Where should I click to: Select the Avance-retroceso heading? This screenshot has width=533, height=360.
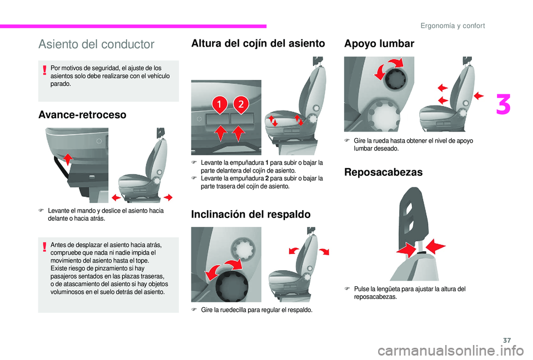click(x=82, y=115)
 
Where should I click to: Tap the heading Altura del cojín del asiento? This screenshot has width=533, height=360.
click(x=258, y=44)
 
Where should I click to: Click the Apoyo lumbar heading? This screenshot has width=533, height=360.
click(x=379, y=44)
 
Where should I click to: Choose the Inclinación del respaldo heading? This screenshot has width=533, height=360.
click(x=251, y=214)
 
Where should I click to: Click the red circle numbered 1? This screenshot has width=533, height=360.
click(x=219, y=104)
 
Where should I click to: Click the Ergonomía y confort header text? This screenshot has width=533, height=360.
click(x=452, y=26)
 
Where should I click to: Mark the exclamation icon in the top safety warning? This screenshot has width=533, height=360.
click(x=44, y=69)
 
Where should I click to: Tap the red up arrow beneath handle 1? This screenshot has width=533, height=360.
click(x=219, y=133)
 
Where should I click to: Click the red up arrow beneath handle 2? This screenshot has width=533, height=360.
click(x=239, y=133)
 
